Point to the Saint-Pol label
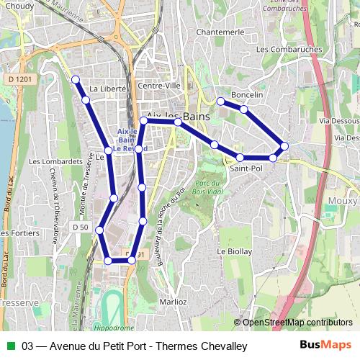246,168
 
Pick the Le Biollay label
235,251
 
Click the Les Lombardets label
55,162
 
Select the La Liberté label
109,89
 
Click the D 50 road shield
80,228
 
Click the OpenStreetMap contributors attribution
297,323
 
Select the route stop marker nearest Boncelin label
244,109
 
